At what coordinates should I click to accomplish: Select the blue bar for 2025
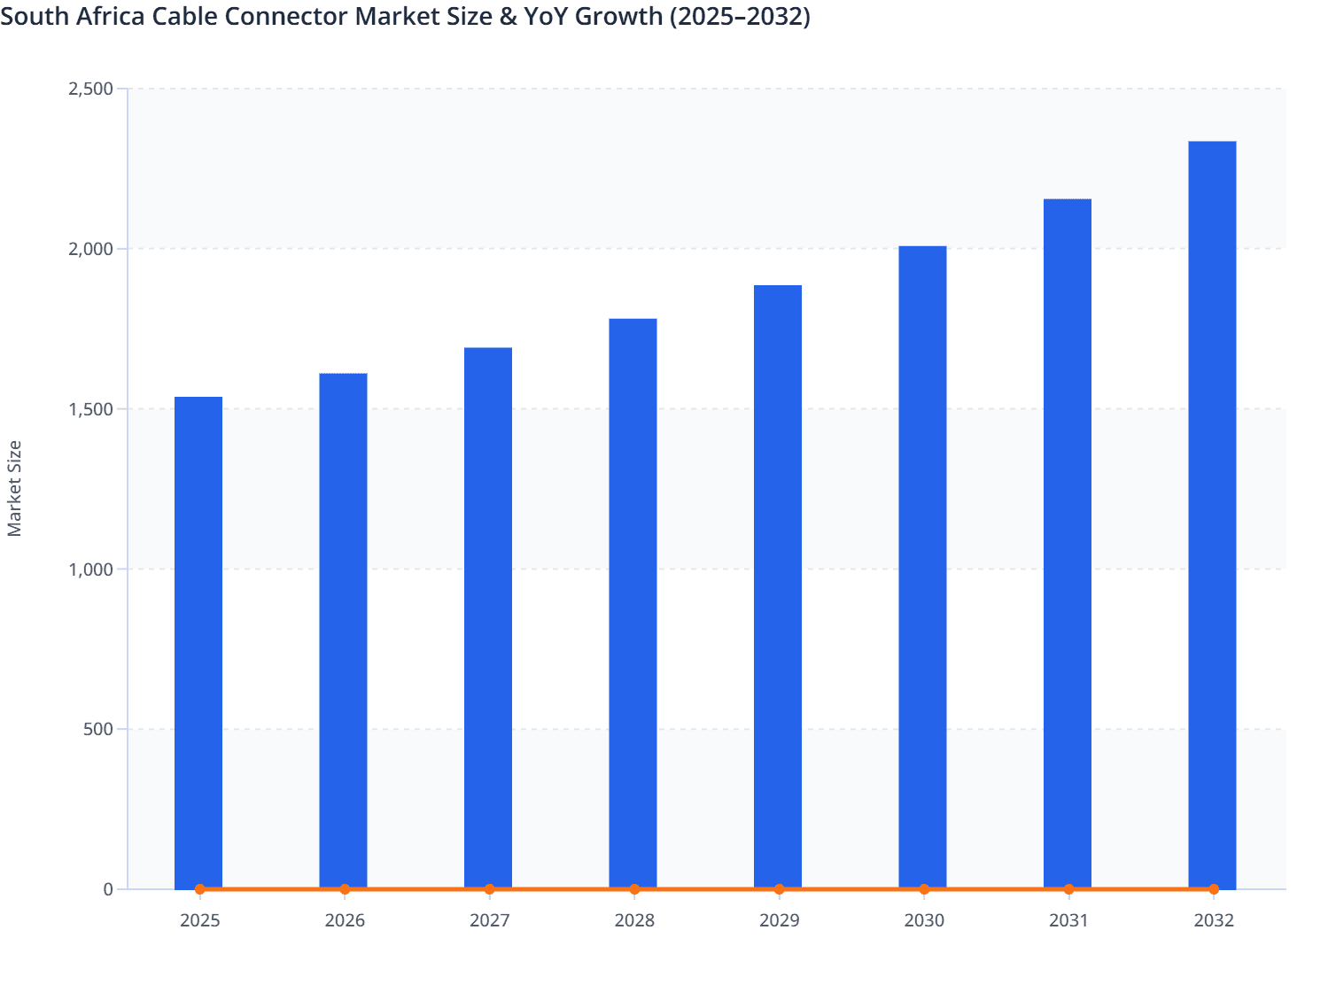198,642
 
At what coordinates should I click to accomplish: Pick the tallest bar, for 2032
1212,514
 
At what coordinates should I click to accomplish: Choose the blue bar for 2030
922,567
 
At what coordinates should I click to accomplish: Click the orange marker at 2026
345,889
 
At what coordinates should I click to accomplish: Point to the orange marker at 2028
634,889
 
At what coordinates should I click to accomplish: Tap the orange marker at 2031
1068,889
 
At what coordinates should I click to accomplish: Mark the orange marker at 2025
200,889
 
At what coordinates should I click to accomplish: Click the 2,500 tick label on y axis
90,89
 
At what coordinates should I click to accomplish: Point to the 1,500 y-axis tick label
90,409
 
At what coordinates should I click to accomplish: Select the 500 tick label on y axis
98,730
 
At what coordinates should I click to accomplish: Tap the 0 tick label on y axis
108,889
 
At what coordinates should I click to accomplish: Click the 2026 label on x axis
345,921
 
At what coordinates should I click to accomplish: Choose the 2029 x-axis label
779,921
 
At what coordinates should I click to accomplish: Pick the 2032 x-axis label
1213,921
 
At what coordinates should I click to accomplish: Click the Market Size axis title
15,488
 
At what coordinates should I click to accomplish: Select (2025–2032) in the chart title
739,17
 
